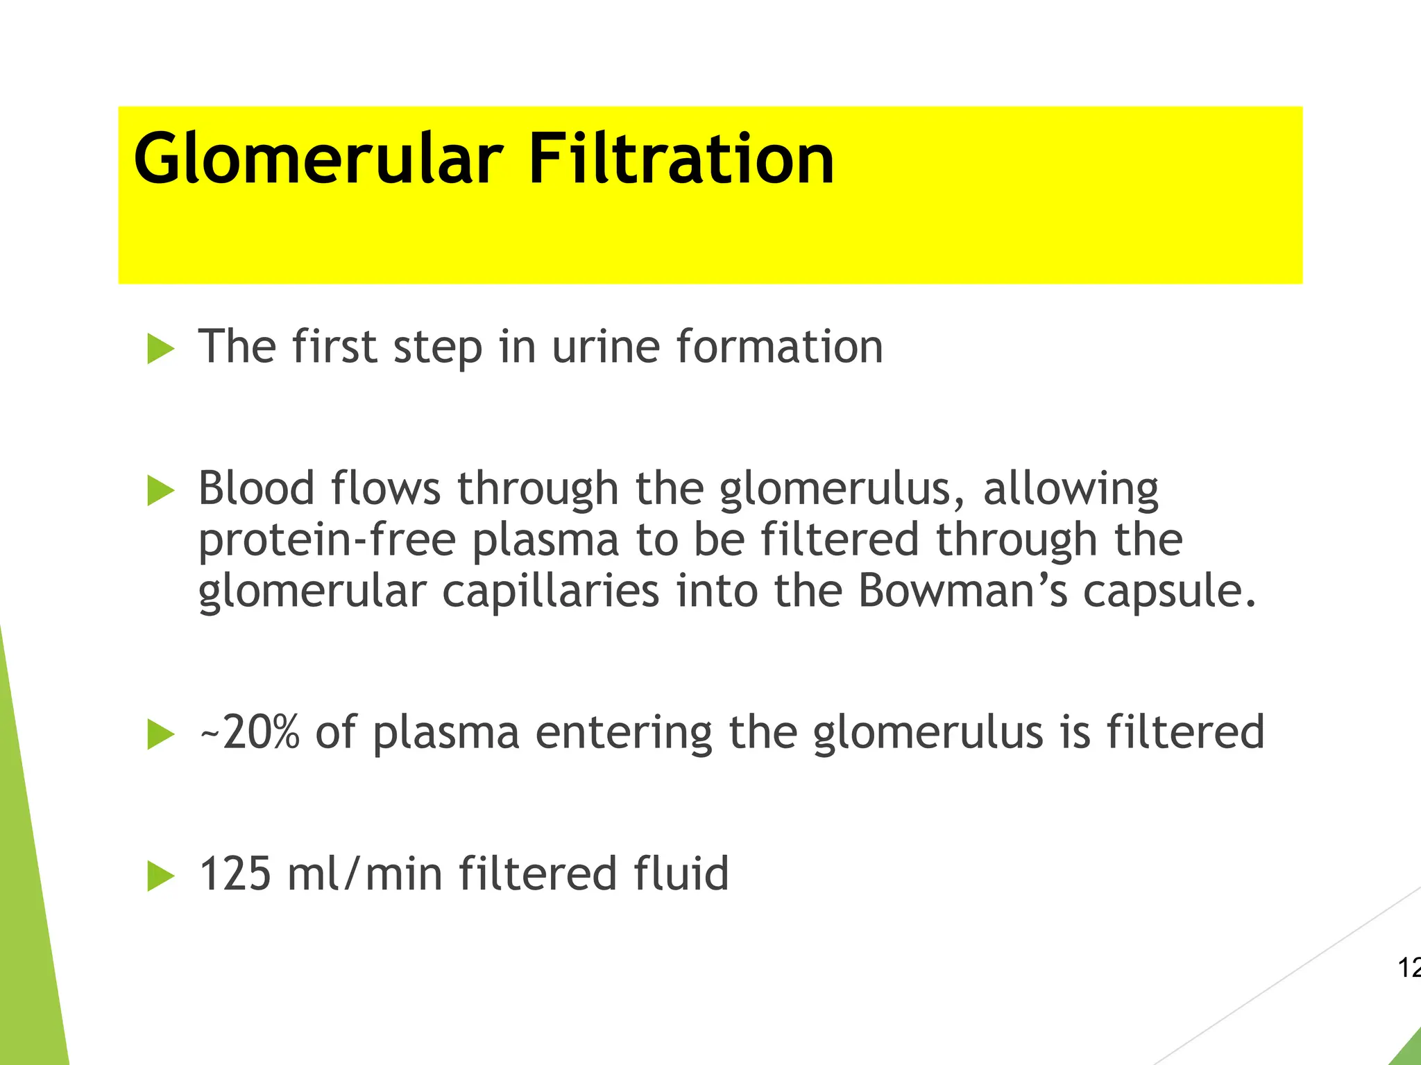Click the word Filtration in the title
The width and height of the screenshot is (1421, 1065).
point(681,159)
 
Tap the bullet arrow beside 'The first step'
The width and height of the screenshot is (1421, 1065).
point(161,348)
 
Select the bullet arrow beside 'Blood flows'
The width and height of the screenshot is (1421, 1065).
point(161,491)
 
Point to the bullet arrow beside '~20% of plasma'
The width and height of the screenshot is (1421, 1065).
point(161,734)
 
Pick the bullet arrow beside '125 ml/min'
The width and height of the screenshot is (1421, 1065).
point(161,876)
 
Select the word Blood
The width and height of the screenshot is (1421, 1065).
point(257,488)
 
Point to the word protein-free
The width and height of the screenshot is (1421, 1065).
point(327,541)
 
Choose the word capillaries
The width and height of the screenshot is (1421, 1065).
point(550,592)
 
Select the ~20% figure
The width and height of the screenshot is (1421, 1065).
point(250,732)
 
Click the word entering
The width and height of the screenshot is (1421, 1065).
point(623,734)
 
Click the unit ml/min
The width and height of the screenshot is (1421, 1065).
point(365,874)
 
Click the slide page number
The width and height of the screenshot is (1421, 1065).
point(1409,968)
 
